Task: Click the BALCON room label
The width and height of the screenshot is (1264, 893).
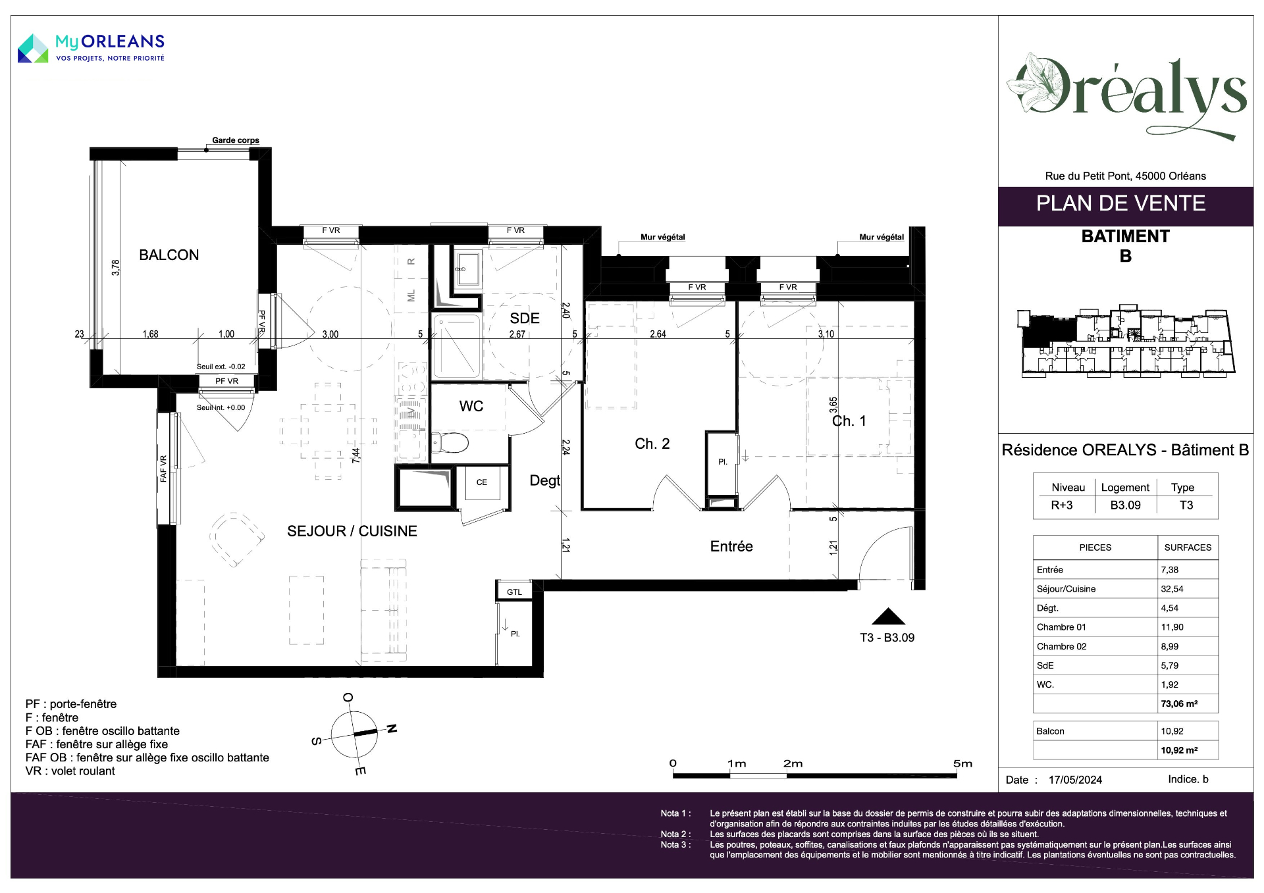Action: (169, 255)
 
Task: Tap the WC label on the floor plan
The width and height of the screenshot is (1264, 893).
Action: (471, 407)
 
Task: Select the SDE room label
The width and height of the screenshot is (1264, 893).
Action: (525, 319)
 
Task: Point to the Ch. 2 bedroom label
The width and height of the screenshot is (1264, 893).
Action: (652, 444)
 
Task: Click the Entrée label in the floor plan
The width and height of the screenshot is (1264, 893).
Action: (731, 546)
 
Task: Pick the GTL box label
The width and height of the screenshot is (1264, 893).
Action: (514, 592)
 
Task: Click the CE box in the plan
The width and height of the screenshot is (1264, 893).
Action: (482, 482)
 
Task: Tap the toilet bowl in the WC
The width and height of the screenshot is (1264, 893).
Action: (450, 442)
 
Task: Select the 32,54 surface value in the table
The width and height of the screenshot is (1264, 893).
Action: (1172, 589)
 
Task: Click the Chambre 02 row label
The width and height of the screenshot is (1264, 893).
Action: (1061, 646)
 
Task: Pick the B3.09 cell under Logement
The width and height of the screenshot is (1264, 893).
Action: (1125, 505)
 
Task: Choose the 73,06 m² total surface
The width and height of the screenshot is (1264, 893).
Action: (1179, 703)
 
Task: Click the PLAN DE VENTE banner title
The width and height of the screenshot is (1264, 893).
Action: (1120, 203)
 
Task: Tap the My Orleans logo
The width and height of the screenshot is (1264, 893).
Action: (92, 48)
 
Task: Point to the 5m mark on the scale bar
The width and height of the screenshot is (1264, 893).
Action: (962, 763)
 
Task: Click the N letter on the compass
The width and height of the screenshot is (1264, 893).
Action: (392, 728)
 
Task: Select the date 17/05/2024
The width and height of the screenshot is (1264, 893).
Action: (1075, 780)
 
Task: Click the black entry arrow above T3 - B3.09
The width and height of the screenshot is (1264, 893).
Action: (889, 616)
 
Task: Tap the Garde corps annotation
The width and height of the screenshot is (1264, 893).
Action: (236, 140)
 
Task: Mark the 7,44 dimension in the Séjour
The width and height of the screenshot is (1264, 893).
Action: (356, 455)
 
